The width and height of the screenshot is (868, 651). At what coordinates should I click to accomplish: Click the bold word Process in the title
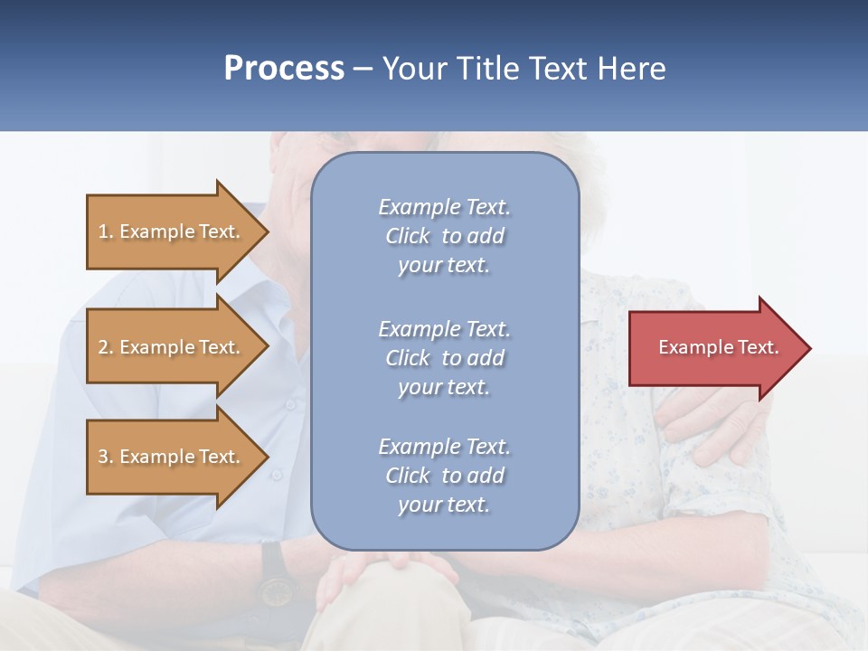(284, 69)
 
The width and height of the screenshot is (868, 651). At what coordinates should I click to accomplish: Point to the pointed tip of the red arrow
(808, 348)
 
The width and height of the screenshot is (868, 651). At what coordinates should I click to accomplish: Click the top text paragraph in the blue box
(444, 236)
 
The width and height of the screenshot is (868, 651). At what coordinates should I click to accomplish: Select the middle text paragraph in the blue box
(444, 358)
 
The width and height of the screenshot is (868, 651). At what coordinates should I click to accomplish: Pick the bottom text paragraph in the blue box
(444, 476)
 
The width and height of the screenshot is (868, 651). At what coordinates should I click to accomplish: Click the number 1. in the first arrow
(106, 231)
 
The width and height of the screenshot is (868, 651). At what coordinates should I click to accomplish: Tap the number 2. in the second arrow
(106, 347)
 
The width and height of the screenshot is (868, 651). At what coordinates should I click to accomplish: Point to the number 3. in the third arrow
(106, 457)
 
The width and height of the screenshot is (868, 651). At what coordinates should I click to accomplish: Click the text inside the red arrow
(719, 347)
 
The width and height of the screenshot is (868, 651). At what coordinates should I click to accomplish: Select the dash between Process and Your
(363, 70)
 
